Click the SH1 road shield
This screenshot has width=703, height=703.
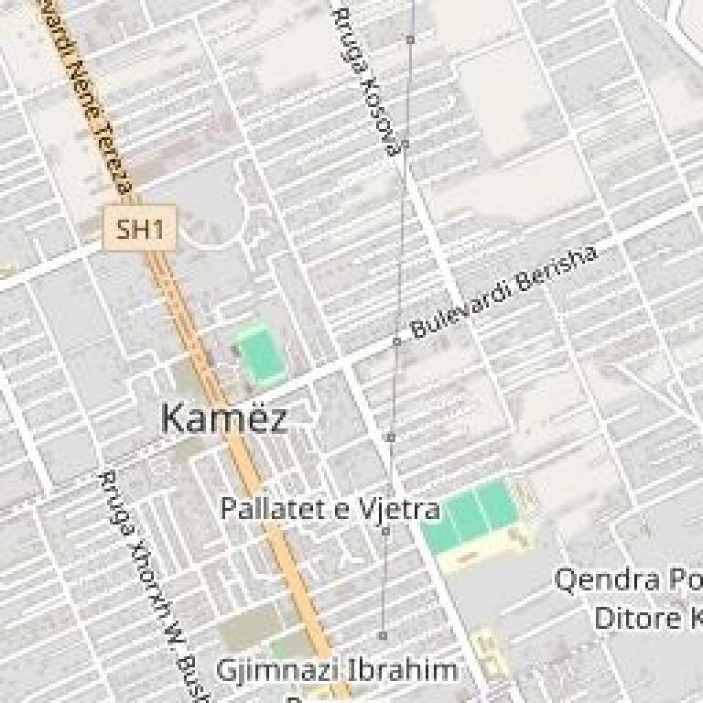(139, 228)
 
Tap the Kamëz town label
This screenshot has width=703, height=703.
(223, 418)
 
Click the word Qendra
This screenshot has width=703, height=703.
(608, 580)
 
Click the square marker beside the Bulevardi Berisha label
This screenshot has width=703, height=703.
(397, 341)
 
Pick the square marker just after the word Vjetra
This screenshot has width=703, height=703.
(385, 531)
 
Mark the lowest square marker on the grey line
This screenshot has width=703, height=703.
(383, 635)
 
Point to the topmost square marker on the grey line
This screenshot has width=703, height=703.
(411, 39)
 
